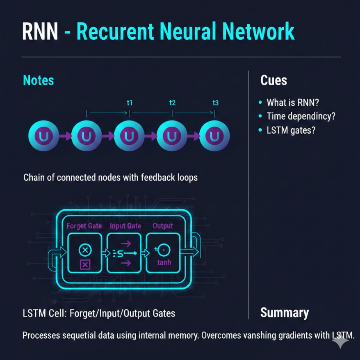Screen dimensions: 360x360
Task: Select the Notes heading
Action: click(39, 80)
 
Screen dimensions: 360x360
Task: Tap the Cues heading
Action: click(273, 80)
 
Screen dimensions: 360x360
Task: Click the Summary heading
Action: click(285, 313)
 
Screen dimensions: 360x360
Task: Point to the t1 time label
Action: click(130, 103)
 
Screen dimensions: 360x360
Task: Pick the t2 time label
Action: click(173, 103)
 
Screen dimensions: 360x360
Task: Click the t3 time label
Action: click(215, 103)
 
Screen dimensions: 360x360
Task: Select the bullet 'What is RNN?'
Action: click(292, 103)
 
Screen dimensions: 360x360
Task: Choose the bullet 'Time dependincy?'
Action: click(301, 116)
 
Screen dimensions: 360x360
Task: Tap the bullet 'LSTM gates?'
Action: click(292, 130)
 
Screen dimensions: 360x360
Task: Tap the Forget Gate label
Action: click(84, 226)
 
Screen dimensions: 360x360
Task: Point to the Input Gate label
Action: click(125, 226)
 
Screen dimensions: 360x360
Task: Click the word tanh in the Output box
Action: click(164, 262)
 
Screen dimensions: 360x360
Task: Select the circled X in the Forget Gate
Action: click(84, 250)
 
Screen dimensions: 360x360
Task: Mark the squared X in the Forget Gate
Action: click(84, 264)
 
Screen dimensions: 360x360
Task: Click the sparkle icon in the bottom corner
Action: click(340, 340)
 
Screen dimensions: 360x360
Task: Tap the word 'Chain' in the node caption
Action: click(34, 178)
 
